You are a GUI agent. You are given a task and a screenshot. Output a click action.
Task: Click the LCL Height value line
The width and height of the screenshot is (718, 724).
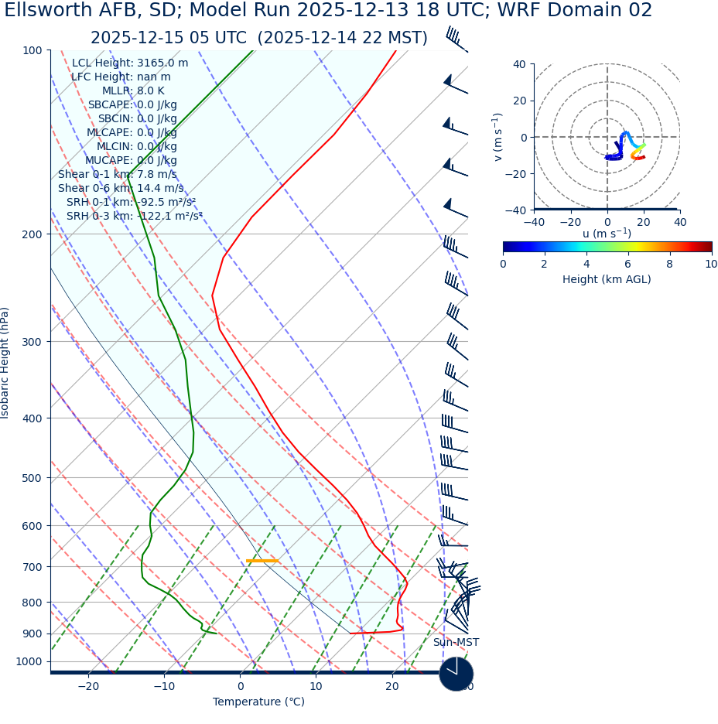(x=130, y=63)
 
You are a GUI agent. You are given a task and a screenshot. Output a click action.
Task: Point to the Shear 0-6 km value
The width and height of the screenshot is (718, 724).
(x=121, y=188)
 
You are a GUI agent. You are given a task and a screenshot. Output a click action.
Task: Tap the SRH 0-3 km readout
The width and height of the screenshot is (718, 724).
(x=134, y=216)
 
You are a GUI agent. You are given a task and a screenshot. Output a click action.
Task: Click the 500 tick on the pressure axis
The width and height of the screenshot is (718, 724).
(x=32, y=478)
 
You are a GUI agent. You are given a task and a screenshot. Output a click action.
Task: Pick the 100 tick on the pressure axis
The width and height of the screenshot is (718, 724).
(x=32, y=50)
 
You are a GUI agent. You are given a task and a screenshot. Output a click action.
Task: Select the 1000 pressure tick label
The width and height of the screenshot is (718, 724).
(x=29, y=661)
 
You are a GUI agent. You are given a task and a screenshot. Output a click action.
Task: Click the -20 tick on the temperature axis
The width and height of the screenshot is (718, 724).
(x=88, y=686)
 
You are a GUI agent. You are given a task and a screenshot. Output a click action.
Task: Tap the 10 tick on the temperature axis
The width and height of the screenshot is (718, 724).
(x=316, y=686)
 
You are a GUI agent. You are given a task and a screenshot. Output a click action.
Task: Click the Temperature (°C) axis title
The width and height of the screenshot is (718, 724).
(x=258, y=702)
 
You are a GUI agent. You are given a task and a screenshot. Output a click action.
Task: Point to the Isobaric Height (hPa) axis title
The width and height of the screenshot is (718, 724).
(x=5, y=363)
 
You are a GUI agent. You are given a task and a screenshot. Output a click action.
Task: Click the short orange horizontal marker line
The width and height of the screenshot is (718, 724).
(x=262, y=561)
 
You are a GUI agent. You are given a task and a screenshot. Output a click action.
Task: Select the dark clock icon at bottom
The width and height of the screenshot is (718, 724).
(x=456, y=674)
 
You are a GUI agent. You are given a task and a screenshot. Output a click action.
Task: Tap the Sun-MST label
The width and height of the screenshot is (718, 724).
(x=456, y=643)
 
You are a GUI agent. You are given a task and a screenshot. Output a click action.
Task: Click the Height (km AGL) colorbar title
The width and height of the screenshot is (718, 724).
(x=607, y=279)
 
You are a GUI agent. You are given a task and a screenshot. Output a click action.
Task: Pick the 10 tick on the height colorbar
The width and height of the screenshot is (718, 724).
(x=710, y=264)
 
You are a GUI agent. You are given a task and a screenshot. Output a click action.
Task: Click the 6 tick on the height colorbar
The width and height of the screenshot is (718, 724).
(x=627, y=264)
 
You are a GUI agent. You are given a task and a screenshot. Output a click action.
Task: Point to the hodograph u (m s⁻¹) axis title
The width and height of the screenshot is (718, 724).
(x=607, y=234)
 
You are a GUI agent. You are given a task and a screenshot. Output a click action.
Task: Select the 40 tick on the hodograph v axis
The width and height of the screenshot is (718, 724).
(x=518, y=64)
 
